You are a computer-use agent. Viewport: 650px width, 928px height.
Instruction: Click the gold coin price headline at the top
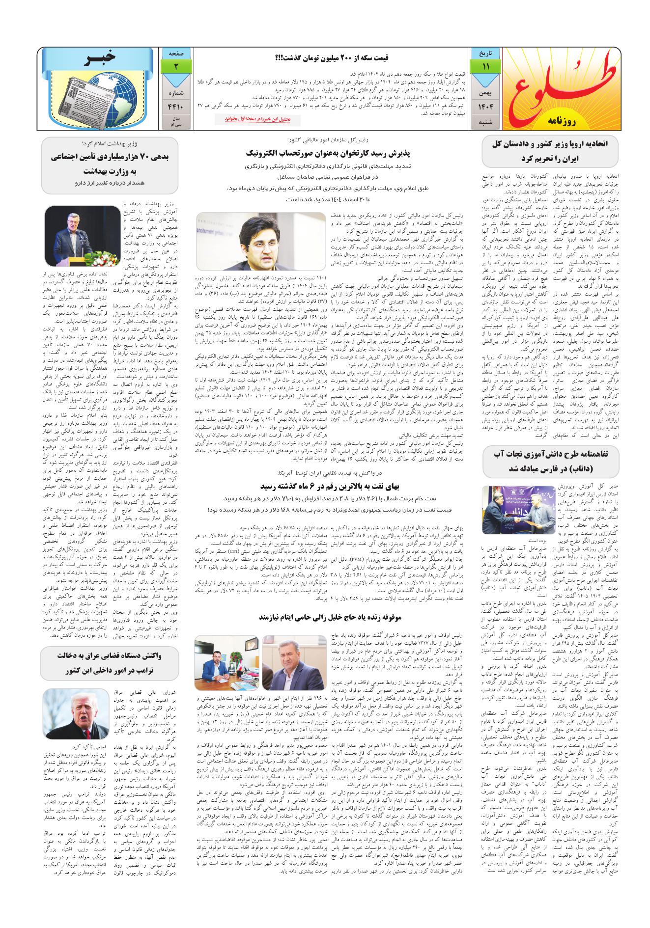pyautogui.click(x=332, y=57)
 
